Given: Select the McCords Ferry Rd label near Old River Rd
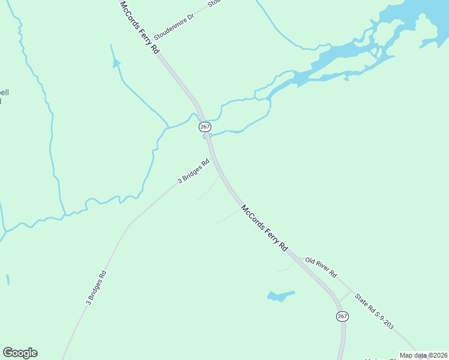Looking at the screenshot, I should click(265, 229).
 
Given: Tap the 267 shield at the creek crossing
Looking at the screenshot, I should click(205, 127).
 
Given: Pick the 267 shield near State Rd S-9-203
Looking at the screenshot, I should click(342, 316).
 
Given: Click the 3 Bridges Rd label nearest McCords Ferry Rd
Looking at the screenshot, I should click(193, 172).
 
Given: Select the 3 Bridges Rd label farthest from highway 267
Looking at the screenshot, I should click(96, 289).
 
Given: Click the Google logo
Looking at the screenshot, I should click(20, 353).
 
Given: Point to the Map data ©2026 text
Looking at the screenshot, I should click(423, 355).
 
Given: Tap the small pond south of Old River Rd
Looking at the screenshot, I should click(280, 296).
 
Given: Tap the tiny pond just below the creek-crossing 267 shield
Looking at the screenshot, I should click(206, 136).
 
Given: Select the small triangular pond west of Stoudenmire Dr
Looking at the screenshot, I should click(116, 62).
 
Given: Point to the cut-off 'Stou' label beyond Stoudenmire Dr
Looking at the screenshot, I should click(214, 3).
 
